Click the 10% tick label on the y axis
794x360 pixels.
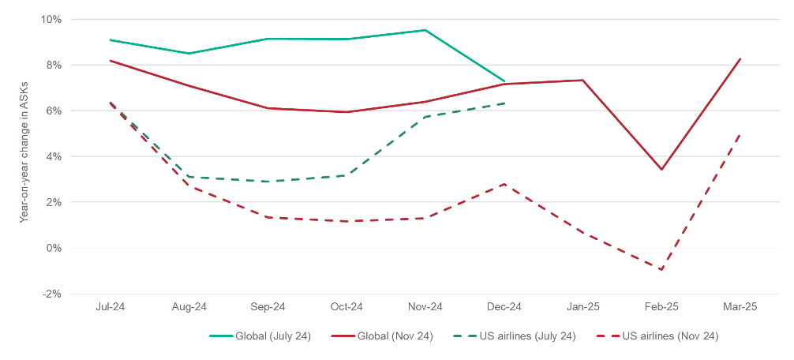point(52,19)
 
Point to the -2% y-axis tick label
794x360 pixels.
point(52,294)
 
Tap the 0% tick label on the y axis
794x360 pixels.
point(54,248)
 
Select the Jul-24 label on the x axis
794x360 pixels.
point(110,307)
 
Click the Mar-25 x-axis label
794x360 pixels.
point(740,307)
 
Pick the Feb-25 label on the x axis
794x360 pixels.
point(661,307)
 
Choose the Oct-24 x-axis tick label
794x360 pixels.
point(346,307)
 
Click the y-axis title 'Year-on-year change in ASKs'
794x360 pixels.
point(24,156)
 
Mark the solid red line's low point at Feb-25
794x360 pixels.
point(661,170)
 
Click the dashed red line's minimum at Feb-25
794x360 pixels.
point(661,270)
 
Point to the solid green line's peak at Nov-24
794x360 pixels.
point(425,30)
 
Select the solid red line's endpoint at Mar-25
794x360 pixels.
point(740,58)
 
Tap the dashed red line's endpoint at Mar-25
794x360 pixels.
point(740,134)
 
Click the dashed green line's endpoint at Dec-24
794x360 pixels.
point(504,103)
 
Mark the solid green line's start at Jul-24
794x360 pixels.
point(110,39)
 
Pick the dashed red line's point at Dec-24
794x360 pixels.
point(504,184)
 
